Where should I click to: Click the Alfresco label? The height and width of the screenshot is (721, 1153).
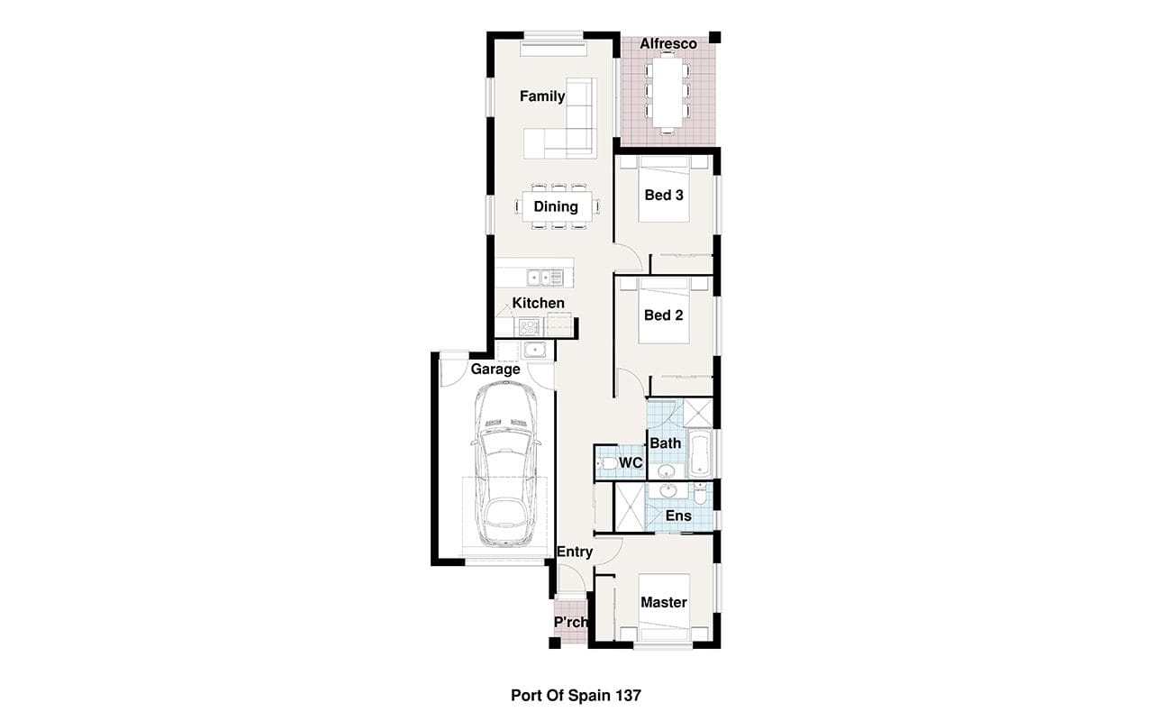pos(668,44)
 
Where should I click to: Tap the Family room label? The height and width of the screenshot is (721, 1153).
pos(542,96)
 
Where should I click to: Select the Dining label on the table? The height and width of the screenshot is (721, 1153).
pos(556,206)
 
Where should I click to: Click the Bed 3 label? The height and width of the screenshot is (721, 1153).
pos(664,196)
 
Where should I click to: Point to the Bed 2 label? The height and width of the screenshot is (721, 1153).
pos(664,315)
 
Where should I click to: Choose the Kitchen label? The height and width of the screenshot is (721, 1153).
pos(538,304)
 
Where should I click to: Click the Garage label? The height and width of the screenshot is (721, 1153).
pos(495,370)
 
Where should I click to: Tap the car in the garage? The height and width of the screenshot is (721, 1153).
pos(505,465)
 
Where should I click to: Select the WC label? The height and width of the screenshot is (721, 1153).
pos(631,462)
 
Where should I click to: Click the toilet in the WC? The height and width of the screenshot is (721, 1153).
pos(607,464)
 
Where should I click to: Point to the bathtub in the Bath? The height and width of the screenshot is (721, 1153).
pos(699,452)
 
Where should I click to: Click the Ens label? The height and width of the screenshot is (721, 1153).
pos(678,516)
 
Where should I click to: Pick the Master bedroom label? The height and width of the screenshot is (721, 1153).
pos(664,603)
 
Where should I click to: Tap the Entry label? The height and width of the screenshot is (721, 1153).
pos(575,552)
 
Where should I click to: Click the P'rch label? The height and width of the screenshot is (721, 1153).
pos(571,623)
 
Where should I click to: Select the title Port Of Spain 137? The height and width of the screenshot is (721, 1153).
pos(576,696)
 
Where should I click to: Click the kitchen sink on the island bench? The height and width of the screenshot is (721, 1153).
pos(545,278)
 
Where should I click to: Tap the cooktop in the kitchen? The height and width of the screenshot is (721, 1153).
pos(529,327)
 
